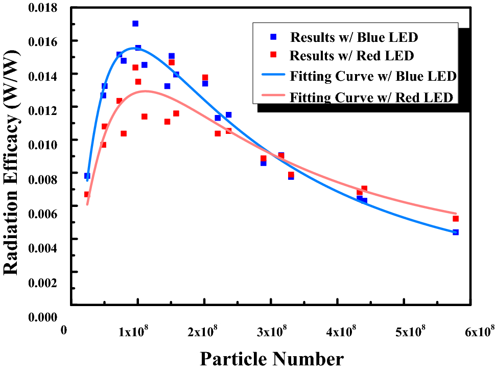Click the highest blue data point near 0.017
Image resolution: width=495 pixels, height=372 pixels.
pos(135,24)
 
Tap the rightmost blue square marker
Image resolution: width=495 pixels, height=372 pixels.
pos(456,232)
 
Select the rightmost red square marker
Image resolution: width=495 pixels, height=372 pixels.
pos(456,219)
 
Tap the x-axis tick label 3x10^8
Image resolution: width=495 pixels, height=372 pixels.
pos(271,332)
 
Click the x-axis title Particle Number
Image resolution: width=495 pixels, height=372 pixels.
pos(272,359)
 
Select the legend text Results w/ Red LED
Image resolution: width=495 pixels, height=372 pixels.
pos(352,56)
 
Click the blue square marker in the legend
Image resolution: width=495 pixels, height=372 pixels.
pos(273,37)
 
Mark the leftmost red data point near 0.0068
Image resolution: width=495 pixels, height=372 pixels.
pos(87,194)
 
